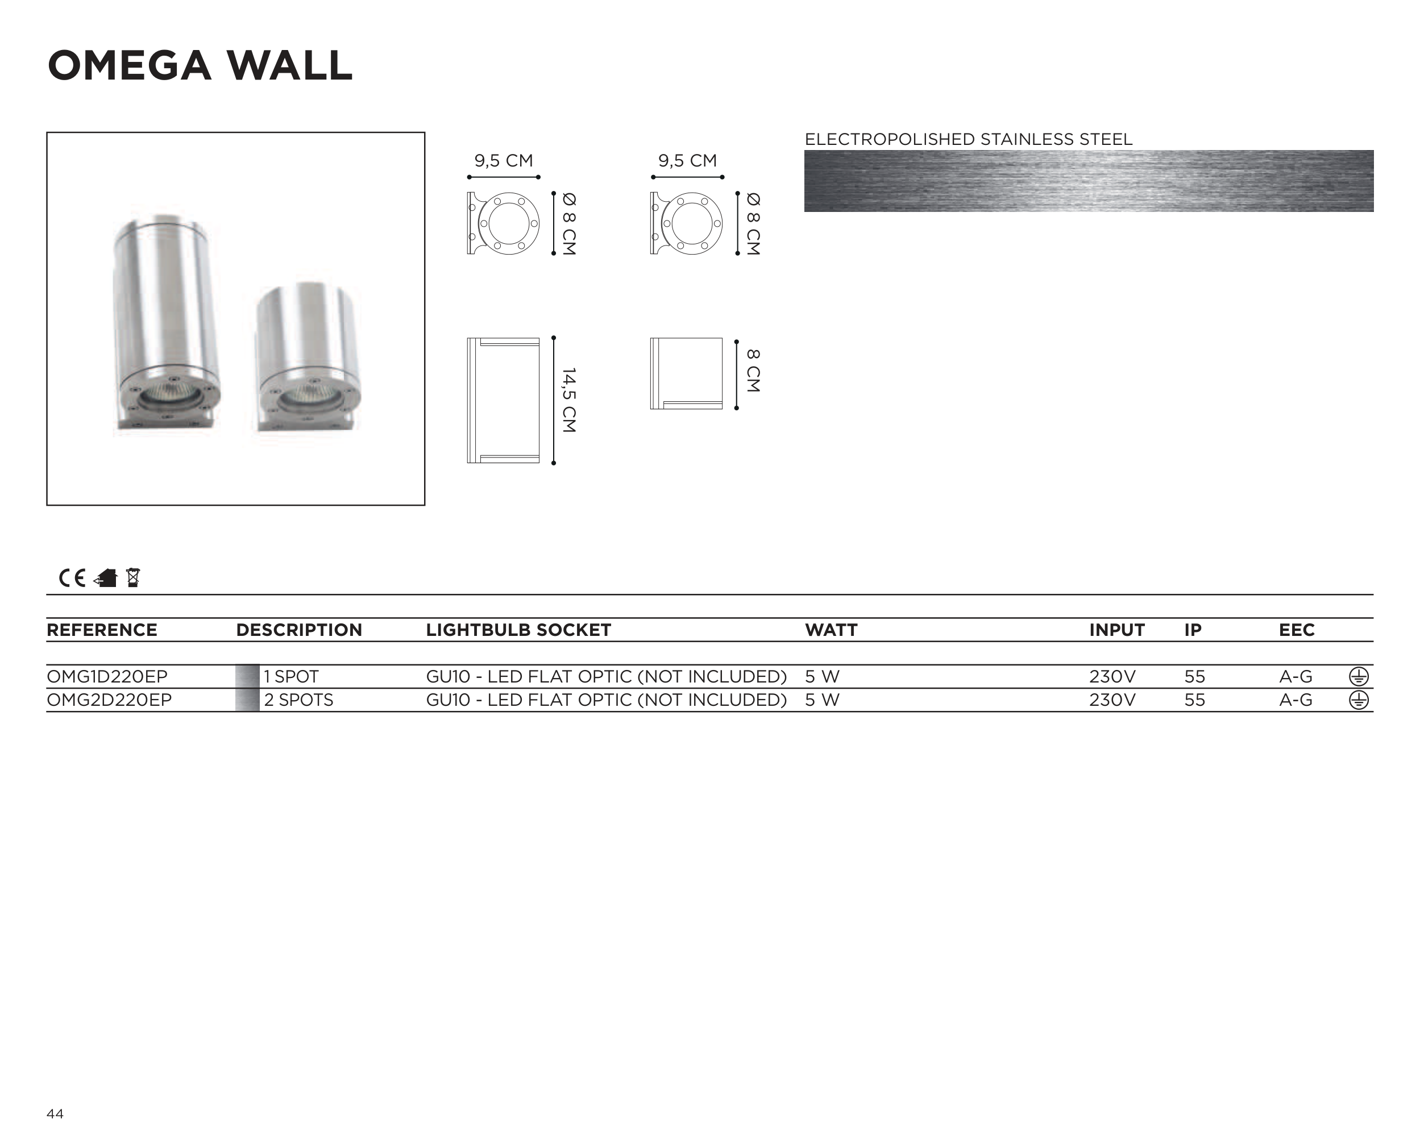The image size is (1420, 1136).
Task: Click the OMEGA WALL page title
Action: click(200, 66)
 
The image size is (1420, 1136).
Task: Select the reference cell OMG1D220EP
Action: click(107, 676)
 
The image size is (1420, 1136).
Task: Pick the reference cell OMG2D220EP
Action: click(109, 700)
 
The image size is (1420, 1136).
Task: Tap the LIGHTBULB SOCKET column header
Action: click(518, 630)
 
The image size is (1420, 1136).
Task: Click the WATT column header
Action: click(831, 630)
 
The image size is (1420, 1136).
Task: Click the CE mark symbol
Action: click(72, 578)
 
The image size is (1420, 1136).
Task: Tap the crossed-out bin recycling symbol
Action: click(133, 577)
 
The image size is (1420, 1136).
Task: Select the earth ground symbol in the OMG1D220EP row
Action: click(1359, 676)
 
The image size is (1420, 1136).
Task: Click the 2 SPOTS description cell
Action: click(298, 700)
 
